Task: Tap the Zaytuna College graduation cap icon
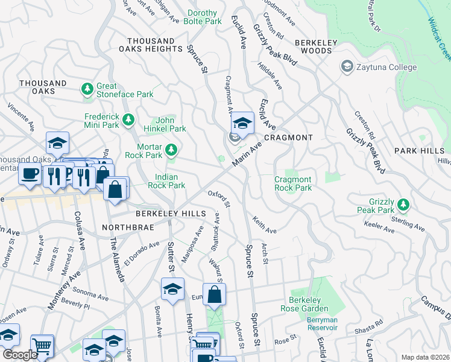[347, 66]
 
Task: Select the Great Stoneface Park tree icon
[87, 90]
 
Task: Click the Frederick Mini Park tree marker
[127, 120]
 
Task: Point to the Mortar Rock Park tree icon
[172, 149]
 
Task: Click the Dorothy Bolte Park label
[205, 17]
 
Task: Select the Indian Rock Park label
[170, 181]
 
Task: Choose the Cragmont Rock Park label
[293, 183]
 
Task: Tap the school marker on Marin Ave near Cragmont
[242, 123]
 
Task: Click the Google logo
[20, 355]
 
